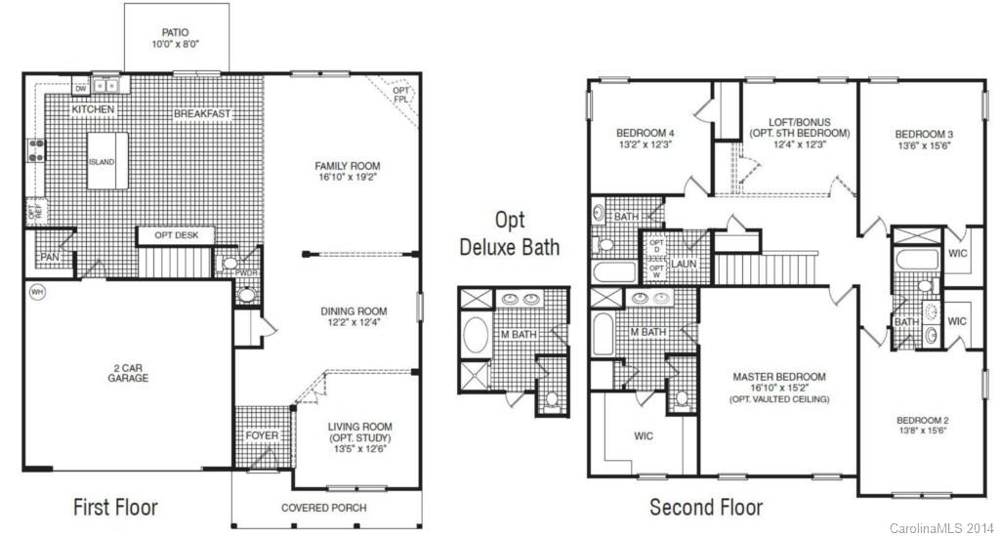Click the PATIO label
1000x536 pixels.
click(176, 31)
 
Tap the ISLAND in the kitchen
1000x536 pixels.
click(102, 161)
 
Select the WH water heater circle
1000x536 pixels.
click(37, 291)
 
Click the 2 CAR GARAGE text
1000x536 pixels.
click(129, 372)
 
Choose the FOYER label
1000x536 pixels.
click(262, 435)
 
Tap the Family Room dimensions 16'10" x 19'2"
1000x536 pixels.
click(347, 179)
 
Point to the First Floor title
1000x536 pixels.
click(115, 508)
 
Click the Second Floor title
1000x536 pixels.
click(706, 508)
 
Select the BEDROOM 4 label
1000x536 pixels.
click(646, 133)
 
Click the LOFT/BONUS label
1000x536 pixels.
click(799, 122)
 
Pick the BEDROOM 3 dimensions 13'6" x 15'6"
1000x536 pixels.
click(923, 145)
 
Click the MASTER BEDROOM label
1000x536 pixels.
click(779, 377)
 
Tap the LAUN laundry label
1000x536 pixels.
click(683, 264)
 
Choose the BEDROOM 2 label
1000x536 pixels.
click(924, 420)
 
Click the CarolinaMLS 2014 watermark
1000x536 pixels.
click(940, 528)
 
